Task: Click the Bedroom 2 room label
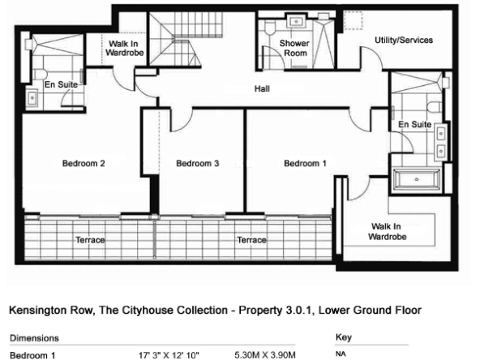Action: coord(84,163)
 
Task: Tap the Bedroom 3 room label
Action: coord(198,163)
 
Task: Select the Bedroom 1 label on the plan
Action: coord(305,163)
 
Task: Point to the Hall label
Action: coord(262,88)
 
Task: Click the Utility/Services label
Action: coord(404,40)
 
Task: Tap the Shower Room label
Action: coord(294,48)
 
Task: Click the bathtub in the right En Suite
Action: coord(416,179)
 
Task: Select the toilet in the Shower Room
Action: coord(270,28)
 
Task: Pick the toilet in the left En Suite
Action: coord(40,74)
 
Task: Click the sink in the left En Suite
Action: coord(32,97)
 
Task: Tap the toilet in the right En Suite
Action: coord(435,107)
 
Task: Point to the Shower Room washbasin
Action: coord(296,22)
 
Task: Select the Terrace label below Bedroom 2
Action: coord(90,240)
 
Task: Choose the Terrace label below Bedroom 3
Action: coord(251,240)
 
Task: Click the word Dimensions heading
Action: coord(34,338)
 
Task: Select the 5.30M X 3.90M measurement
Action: coord(265,355)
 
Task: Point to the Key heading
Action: coord(344,337)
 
